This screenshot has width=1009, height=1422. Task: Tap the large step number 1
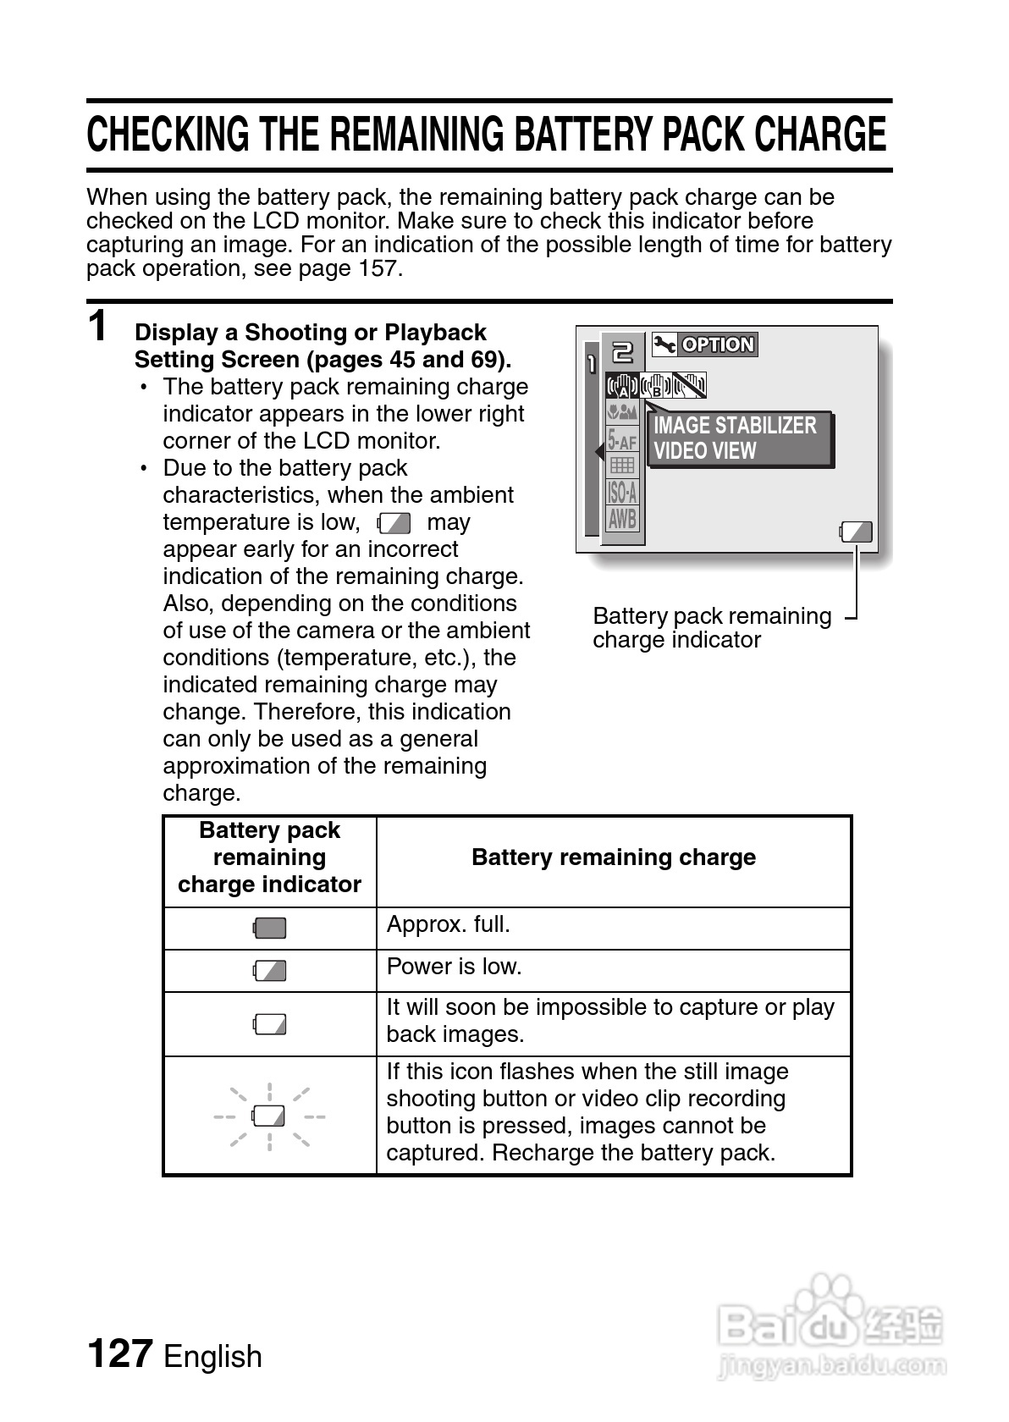click(99, 326)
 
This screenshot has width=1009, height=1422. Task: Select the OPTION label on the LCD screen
click(717, 344)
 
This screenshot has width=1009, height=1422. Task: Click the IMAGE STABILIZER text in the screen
click(735, 425)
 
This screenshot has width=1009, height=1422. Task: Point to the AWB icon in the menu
click(622, 518)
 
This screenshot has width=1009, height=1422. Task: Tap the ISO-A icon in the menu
click(622, 492)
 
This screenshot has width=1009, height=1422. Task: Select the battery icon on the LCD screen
click(856, 532)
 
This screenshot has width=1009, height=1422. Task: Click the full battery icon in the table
click(270, 929)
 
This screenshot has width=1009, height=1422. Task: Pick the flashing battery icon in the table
click(270, 1116)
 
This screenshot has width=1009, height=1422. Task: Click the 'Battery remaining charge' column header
click(614, 857)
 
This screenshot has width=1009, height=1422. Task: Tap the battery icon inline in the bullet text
click(394, 523)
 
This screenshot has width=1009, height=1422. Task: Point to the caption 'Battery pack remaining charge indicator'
click(711, 628)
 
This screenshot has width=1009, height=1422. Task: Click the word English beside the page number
click(212, 1356)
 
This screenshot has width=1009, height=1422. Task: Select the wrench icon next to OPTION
click(664, 344)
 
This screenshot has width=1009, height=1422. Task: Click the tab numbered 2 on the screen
click(622, 351)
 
